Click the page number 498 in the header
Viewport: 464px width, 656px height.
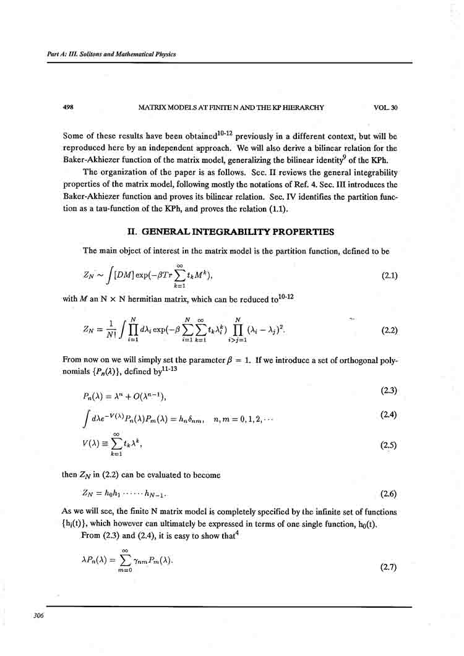(69, 108)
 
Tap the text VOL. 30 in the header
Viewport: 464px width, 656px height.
(385, 108)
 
